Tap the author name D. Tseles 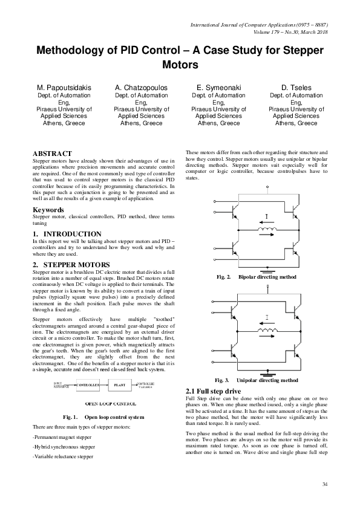[296, 88]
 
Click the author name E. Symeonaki [218, 88]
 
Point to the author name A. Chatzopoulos [141, 88]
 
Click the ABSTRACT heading [52, 154]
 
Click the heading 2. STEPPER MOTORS [71, 265]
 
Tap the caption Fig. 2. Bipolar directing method [257, 276]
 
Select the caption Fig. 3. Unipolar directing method [257, 380]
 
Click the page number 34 [325, 485]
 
